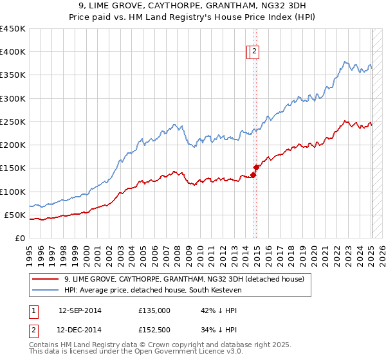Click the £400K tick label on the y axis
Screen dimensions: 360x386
[12, 52]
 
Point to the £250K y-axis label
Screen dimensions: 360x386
[12, 122]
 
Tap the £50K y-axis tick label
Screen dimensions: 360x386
[15, 215]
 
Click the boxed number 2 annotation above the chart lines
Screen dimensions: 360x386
[254, 52]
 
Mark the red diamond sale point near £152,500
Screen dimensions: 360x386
[256, 167]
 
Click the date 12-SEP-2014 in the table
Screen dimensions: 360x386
[80, 310]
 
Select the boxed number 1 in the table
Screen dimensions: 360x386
[32, 310]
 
